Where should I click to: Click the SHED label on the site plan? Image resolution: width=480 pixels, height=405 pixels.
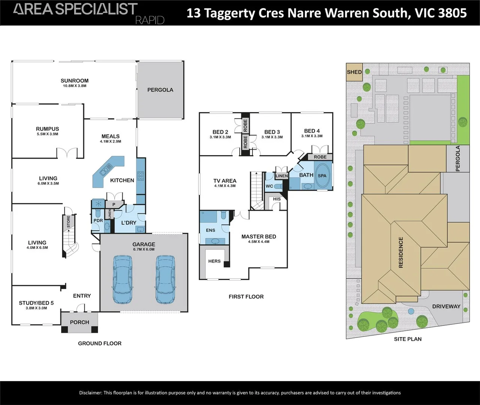point(354,72)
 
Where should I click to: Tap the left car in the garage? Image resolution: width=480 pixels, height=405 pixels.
point(123,279)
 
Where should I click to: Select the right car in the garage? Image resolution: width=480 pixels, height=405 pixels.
point(165,279)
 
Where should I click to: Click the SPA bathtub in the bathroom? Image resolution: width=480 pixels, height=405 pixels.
point(322,175)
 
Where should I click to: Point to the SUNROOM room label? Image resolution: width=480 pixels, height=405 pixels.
point(75,81)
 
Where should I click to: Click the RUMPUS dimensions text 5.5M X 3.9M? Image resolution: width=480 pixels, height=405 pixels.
point(48,134)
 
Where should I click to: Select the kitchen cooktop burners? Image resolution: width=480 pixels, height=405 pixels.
point(141,176)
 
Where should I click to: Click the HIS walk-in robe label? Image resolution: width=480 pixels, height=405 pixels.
point(277,199)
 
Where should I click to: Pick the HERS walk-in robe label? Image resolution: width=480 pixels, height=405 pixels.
point(214,261)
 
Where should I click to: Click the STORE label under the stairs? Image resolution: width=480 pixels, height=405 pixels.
point(69,222)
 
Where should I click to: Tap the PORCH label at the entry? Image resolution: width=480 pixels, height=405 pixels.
point(79,322)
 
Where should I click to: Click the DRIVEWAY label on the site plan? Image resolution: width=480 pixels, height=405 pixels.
point(446,306)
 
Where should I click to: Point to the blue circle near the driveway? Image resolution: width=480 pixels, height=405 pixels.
point(411,312)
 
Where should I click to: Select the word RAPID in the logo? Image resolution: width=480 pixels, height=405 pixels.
point(150,20)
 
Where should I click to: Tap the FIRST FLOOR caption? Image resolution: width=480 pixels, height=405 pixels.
point(246,297)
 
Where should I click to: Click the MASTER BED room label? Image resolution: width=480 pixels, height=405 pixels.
point(259,237)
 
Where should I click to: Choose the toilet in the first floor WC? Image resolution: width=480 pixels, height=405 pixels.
point(278,186)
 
